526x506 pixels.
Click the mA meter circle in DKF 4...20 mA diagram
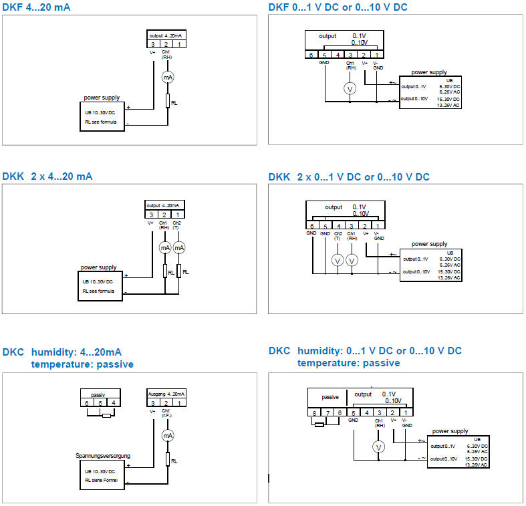(168, 78)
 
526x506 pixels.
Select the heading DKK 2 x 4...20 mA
(47, 176)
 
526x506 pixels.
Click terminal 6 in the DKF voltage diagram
(311, 55)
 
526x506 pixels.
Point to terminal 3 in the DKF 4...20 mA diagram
(152, 44)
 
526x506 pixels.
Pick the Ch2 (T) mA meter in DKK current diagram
(178, 247)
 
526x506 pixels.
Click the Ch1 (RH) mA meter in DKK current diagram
(165, 247)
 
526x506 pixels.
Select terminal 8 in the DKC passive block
(313, 412)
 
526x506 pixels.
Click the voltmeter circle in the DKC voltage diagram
(379, 447)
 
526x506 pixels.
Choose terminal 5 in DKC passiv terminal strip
(100, 402)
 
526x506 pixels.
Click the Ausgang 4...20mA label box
(166, 394)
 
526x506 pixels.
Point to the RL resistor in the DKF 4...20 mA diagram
(168, 102)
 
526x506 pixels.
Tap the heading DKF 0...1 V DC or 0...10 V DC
(338, 7)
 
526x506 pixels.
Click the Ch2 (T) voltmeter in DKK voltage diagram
(338, 259)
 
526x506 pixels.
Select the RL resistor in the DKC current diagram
(168, 460)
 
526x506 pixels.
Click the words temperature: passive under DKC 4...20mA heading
(82, 364)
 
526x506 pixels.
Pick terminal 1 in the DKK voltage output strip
(378, 226)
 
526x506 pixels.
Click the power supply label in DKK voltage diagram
(429, 244)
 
